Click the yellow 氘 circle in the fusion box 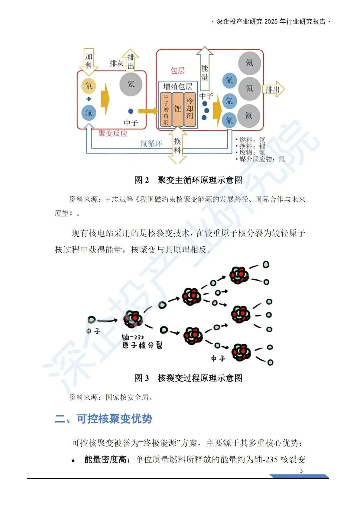(x=89, y=85)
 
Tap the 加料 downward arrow (x=89, y=61)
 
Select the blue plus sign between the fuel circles (x=89, y=99)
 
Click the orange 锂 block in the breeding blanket (x=178, y=109)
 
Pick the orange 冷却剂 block (x=190, y=109)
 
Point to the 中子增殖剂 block (x=166, y=109)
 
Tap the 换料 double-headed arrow (x=177, y=146)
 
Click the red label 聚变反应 (x=113, y=134)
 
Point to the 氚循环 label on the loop (x=151, y=144)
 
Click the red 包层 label (x=177, y=71)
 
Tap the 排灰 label (x=117, y=63)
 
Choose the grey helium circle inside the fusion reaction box (x=131, y=84)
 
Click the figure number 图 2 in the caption (x=142, y=180)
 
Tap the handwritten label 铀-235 (x=133, y=337)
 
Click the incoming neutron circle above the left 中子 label (x=92, y=320)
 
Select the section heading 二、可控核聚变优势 (x=103, y=419)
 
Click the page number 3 (x=301, y=471)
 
